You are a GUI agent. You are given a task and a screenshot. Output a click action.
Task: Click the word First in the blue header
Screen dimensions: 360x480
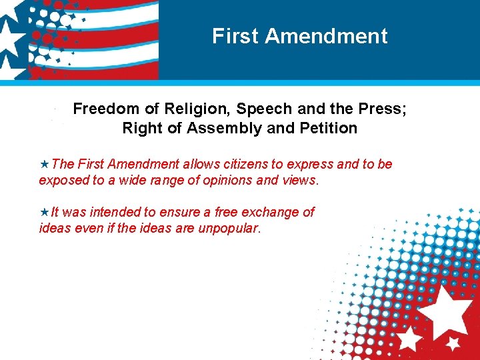[x=229, y=36]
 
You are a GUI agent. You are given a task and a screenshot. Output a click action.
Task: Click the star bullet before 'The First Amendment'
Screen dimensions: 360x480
[x=44, y=164]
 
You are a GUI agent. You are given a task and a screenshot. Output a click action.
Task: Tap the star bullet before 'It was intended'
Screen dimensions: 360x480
[x=44, y=213]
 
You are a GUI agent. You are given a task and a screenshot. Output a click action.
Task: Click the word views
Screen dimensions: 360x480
[x=301, y=180]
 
